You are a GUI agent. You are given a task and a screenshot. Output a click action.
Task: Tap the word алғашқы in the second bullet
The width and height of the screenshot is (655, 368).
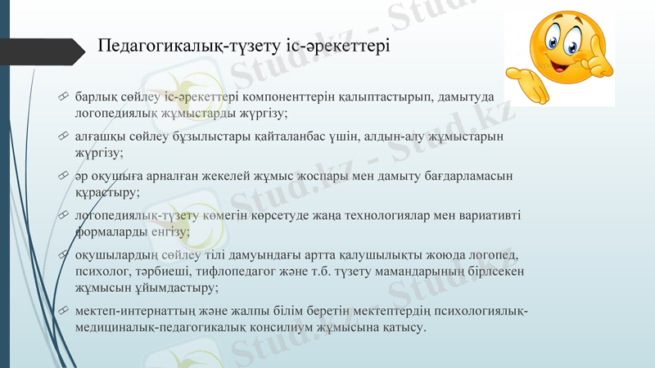click(x=97, y=136)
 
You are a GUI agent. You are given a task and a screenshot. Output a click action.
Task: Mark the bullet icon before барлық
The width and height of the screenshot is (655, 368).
click(x=64, y=97)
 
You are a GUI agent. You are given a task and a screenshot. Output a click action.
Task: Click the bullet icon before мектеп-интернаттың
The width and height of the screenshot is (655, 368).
click(x=64, y=312)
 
